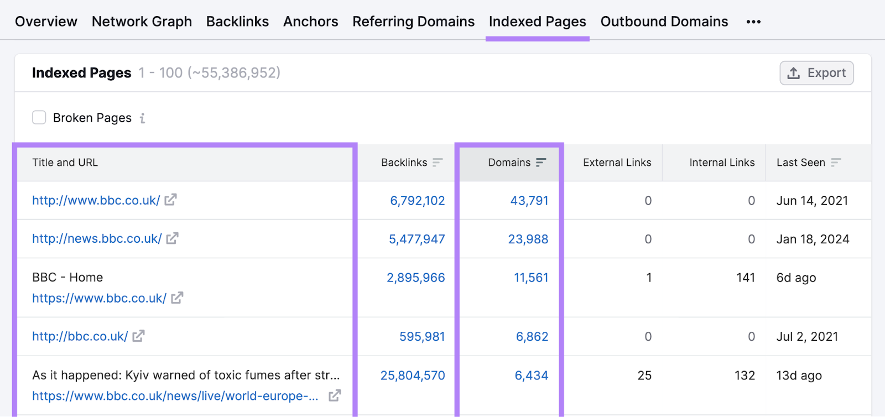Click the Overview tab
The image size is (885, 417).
coord(46,22)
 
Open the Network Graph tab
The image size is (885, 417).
coord(142,22)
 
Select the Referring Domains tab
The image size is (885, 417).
coord(413,22)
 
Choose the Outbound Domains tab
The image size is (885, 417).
coord(664,22)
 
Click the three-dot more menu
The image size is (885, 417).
coord(753,22)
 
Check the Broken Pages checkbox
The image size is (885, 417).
coord(39,117)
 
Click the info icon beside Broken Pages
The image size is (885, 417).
coord(142,118)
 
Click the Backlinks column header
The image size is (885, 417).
coord(404,163)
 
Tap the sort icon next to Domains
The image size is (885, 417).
coord(541,163)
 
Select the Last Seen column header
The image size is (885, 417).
coord(800,163)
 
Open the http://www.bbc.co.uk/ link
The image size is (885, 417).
coord(96,200)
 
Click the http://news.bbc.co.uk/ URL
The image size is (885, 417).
coord(97,238)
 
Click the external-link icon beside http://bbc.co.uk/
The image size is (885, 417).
coord(138,336)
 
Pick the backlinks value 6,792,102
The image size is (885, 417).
coord(417,201)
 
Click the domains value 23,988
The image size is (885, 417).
coord(528,239)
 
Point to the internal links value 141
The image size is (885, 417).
coord(745,278)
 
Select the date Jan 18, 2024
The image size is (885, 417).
coord(813,239)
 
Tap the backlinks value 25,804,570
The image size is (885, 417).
coord(413,376)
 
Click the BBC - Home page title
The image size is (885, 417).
coord(67,277)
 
